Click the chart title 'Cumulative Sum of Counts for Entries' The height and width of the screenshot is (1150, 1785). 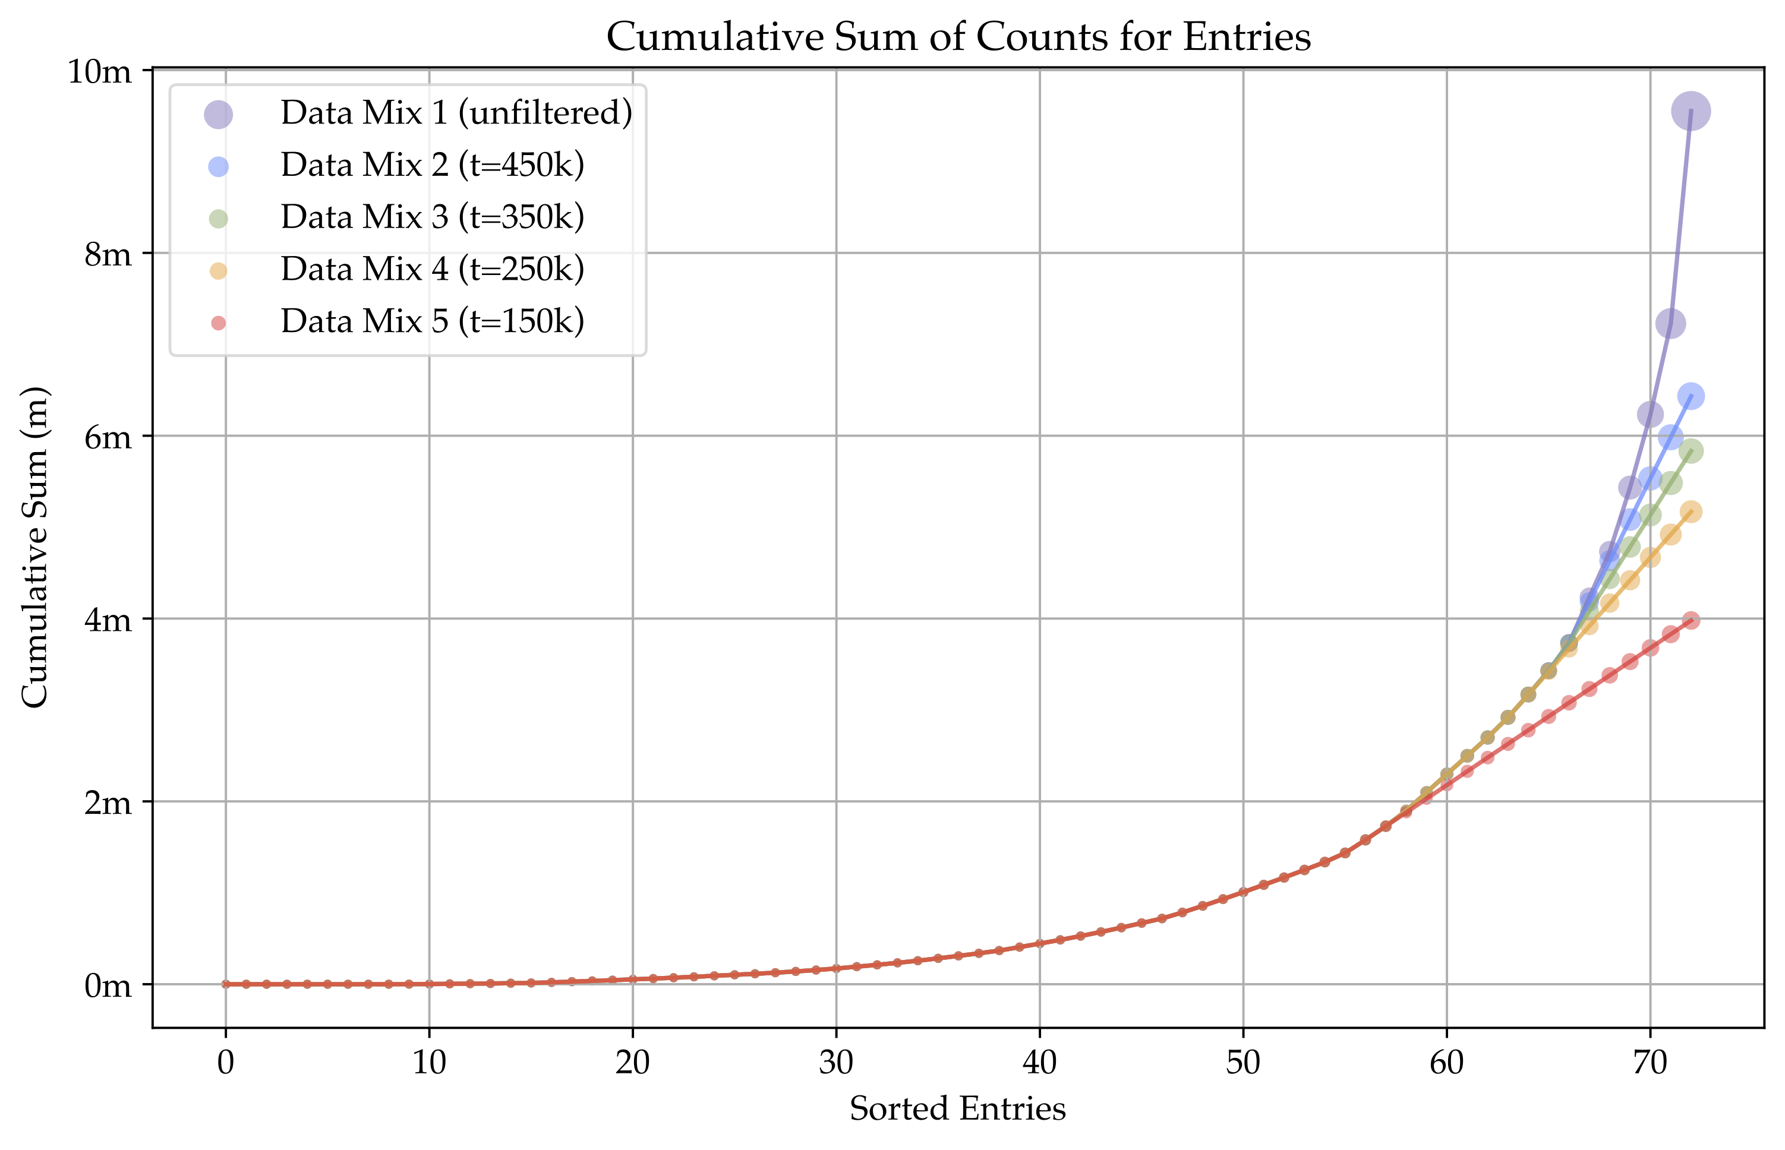click(x=958, y=37)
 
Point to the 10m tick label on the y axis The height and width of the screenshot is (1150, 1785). click(x=99, y=72)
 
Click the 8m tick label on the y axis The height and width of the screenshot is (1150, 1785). click(x=108, y=255)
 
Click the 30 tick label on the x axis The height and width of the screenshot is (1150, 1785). click(x=835, y=1063)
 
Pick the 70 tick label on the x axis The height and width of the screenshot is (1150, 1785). click(x=1650, y=1063)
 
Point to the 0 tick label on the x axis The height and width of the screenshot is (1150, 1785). click(x=226, y=1063)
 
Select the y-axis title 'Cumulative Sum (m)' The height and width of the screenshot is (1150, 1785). click(x=35, y=546)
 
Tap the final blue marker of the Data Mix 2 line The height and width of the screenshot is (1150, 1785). click(x=1691, y=396)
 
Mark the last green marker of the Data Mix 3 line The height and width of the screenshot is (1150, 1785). click(x=1691, y=451)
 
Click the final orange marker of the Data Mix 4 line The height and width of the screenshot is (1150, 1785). click(x=1691, y=511)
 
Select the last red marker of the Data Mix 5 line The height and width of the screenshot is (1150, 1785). click(x=1691, y=621)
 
